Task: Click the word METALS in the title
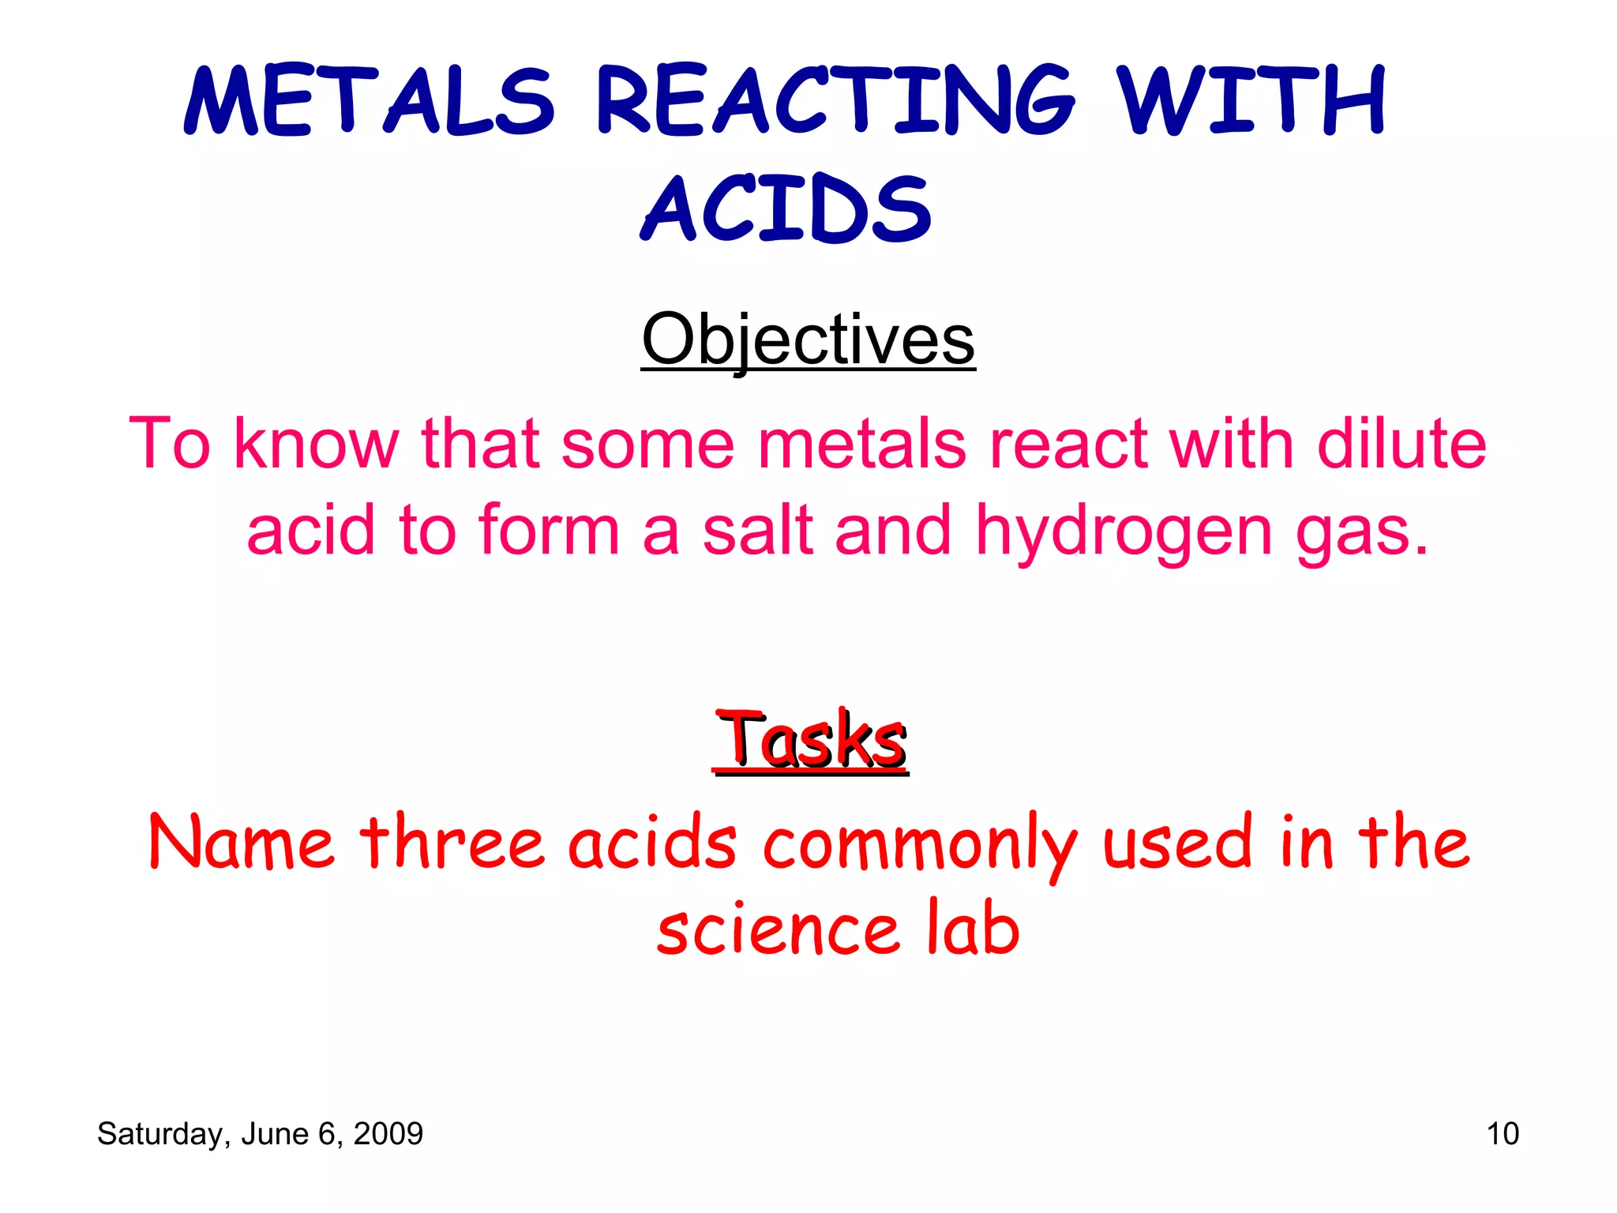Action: click(369, 100)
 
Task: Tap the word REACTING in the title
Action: click(835, 100)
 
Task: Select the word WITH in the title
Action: click(1252, 100)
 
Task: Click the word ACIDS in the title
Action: click(786, 209)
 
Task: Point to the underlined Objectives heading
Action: click(808, 340)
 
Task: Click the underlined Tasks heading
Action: click(811, 740)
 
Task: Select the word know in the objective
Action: click(316, 444)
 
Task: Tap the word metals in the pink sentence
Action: click(861, 444)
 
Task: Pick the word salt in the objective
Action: click(758, 531)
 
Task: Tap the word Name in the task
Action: click(241, 843)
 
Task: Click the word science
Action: click(778, 929)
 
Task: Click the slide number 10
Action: click(1502, 1134)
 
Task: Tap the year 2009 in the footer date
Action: click(388, 1134)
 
